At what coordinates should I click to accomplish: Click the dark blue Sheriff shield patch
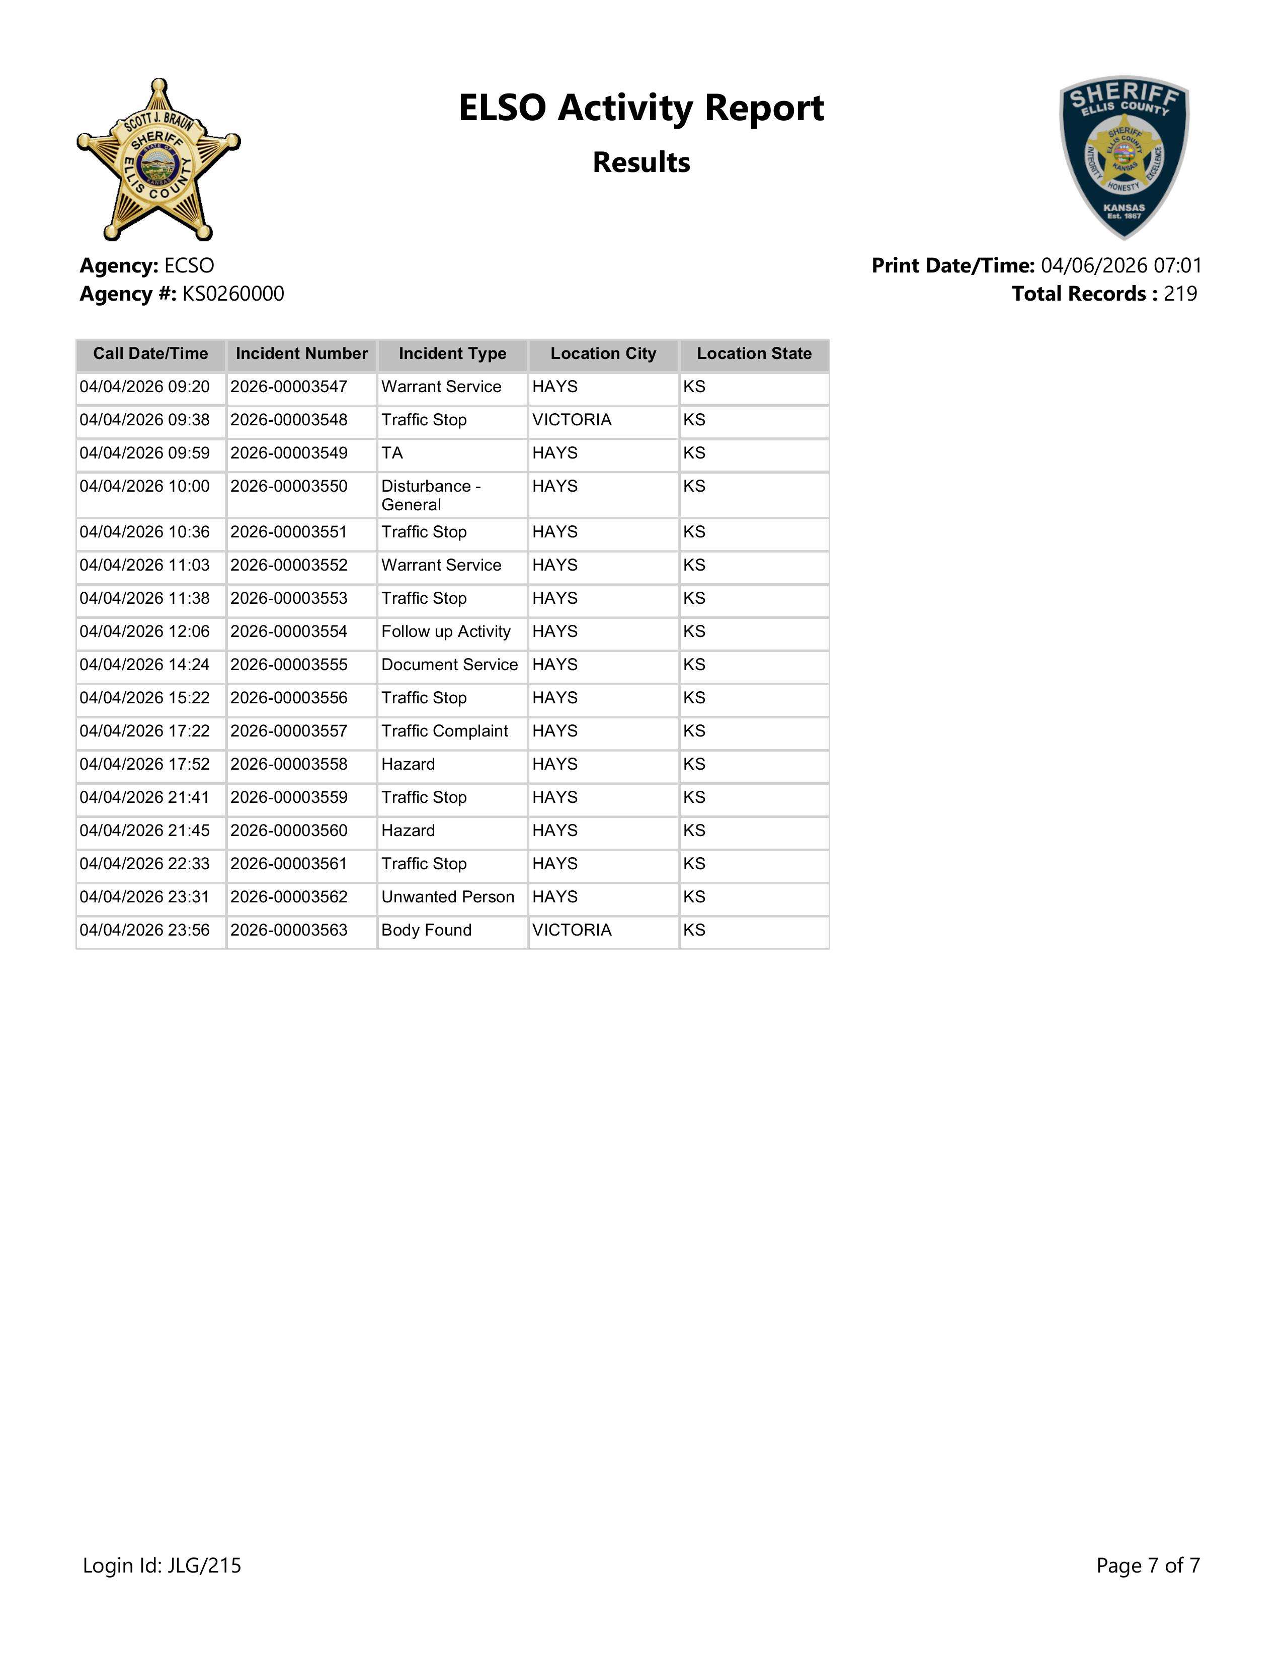1124,157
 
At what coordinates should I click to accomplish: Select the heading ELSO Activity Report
640,108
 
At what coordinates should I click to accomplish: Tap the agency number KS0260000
232,294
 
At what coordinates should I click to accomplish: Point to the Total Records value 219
1180,294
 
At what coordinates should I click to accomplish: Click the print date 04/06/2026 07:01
1121,266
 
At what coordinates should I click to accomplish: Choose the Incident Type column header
452,354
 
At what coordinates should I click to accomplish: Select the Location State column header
754,354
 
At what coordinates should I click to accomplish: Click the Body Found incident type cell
426,931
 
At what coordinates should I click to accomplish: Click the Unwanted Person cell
448,897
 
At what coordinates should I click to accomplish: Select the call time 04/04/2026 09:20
144,388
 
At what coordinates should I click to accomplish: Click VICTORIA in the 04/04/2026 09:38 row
572,420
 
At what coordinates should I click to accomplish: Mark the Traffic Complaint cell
445,731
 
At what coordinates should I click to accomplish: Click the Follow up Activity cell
445,632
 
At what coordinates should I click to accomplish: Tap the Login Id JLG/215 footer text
162,1565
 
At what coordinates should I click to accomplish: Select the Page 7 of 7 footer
1148,1565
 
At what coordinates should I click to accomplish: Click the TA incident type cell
392,453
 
